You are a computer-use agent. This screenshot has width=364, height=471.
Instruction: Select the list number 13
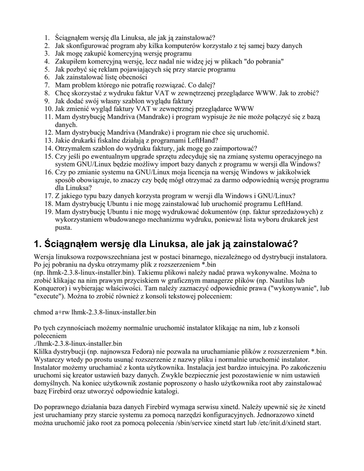(49, 140)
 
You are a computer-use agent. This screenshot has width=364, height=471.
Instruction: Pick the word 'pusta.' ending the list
(64, 227)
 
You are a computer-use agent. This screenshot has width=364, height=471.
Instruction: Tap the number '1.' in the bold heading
(38, 243)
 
